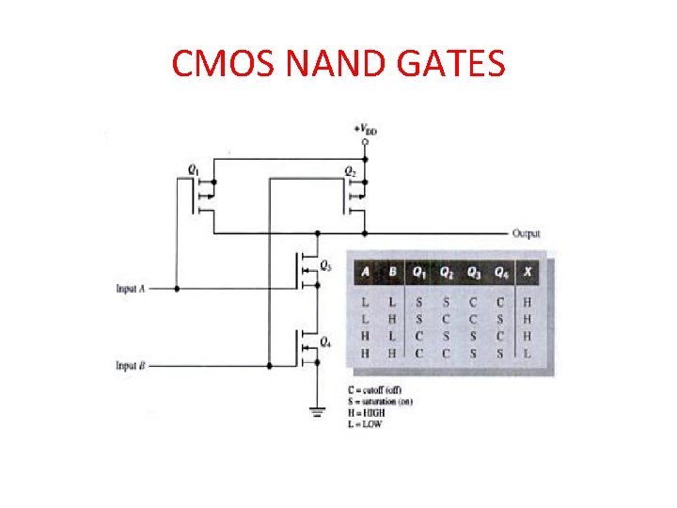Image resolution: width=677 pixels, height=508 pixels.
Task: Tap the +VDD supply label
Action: (x=366, y=130)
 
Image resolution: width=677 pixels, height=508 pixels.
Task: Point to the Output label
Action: (x=526, y=233)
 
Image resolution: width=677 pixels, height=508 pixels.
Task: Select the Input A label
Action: (x=131, y=289)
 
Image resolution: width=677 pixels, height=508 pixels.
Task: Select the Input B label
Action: (x=131, y=365)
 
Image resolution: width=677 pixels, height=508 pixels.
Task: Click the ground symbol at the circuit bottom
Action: (x=317, y=408)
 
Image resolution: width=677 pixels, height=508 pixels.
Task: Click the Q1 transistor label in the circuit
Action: (x=193, y=169)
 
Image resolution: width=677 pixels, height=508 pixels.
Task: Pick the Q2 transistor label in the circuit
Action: (x=349, y=171)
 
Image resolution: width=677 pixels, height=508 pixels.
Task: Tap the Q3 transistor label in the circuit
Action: (x=325, y=265)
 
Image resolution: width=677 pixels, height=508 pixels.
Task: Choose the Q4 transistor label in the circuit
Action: (x=325, y=341)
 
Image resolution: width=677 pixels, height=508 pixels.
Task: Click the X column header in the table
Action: (x=528, y=273)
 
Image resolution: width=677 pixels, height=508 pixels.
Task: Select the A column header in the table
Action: (x=365, y=273)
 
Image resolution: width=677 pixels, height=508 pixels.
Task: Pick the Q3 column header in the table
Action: (x=474, y=273)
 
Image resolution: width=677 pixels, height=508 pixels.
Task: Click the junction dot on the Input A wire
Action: (x=175, y=288)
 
